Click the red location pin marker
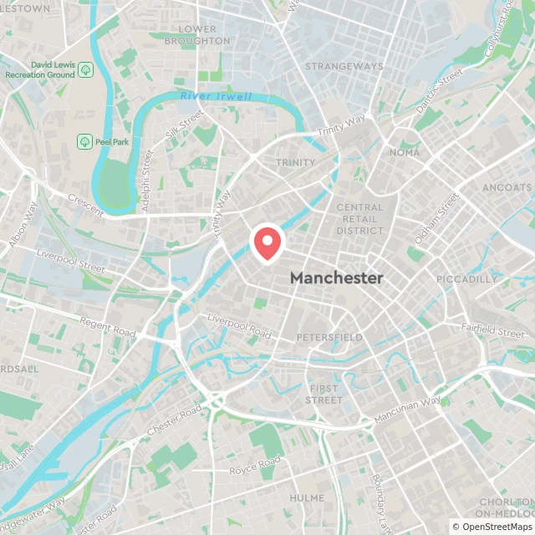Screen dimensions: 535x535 pos(267,243)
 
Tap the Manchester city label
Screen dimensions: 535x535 pos(337,278)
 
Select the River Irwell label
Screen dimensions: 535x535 pos(216,97)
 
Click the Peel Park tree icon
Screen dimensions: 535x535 pos(84,141)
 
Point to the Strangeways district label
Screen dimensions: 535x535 pos(344,66)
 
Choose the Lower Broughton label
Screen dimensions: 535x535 pos(197,34)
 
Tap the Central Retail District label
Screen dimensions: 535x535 pos(359,219)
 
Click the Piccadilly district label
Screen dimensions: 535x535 pos(466,279)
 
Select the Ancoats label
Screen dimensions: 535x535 pos(507,187)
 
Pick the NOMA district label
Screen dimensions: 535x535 pos(405,153)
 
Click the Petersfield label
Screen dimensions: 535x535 pos(329,338)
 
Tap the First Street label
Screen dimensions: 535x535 pos(325,395)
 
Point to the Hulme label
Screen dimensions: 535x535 pos(307,497)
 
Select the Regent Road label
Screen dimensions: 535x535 pos(107,327)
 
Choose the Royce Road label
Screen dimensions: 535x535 pos(255,466)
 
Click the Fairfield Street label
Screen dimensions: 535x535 pos(497,331)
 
